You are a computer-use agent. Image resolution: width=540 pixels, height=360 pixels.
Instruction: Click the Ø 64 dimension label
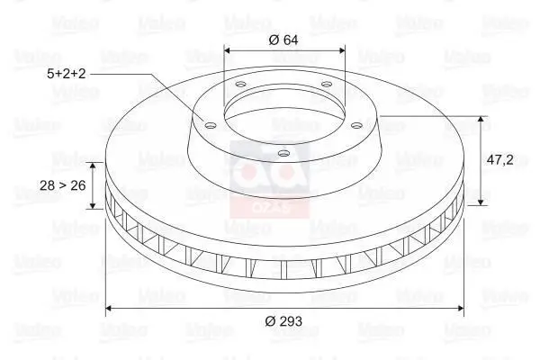pos(283,39)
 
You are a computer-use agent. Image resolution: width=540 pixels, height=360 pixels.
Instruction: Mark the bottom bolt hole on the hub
pos(283,153)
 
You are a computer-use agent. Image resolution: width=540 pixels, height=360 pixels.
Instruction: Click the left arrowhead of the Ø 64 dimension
pos(227,51)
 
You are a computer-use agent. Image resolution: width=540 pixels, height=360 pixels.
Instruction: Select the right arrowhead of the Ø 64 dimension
pos(342,51)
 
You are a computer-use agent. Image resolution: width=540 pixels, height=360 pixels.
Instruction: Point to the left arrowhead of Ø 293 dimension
pos(110,308)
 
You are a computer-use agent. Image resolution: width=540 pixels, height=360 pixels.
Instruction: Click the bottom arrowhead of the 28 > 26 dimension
pos(92,205)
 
